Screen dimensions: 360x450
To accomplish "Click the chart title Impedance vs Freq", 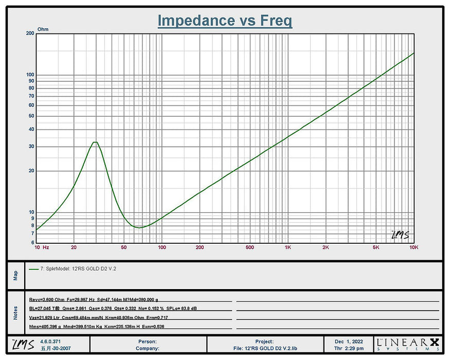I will (x=225, y=21).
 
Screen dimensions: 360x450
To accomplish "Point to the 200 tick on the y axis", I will (x=30, y=33).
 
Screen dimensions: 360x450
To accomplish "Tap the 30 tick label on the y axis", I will (x=31, y=147).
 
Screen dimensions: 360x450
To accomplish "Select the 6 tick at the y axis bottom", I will (x=32, y=243).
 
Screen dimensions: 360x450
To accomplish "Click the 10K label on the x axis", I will (x=413, y=247).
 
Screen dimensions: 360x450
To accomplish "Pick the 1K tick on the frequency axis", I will (x=288, y=247).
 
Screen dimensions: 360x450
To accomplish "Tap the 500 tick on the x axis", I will (x=250, y=247).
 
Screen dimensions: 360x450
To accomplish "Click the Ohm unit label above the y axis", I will (x=43, y=29).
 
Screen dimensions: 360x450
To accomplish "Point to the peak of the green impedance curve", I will (x=95, y=142).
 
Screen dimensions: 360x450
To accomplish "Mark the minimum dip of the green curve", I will (x=138, y=227).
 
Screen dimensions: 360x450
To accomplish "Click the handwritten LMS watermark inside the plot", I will (x=400, y=235).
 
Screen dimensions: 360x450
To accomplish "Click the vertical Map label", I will (x=15, y=276).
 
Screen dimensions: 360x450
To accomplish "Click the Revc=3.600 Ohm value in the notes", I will (x=46, y=299).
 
